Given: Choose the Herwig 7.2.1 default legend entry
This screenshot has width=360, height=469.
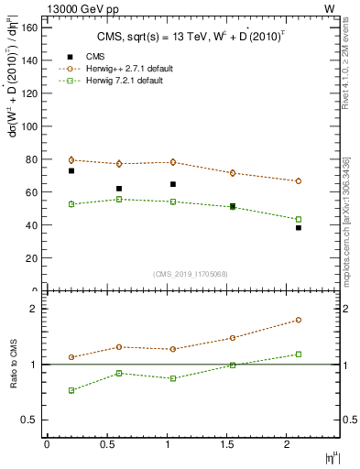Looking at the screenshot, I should pos(111,82).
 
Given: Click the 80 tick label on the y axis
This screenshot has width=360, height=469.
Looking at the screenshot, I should pos(32,159).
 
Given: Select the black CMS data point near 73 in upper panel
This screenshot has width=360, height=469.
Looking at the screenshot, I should pos(71,170).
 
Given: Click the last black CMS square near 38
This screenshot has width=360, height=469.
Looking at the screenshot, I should pos(299,228).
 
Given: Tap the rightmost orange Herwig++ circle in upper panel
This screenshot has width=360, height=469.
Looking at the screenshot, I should pos(299,181).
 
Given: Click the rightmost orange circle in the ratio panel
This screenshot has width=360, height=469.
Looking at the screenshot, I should pos(299,320).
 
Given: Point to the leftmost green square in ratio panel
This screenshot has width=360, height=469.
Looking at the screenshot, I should pos(71,390).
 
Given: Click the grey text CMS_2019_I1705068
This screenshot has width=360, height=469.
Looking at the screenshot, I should pos(191,274).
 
